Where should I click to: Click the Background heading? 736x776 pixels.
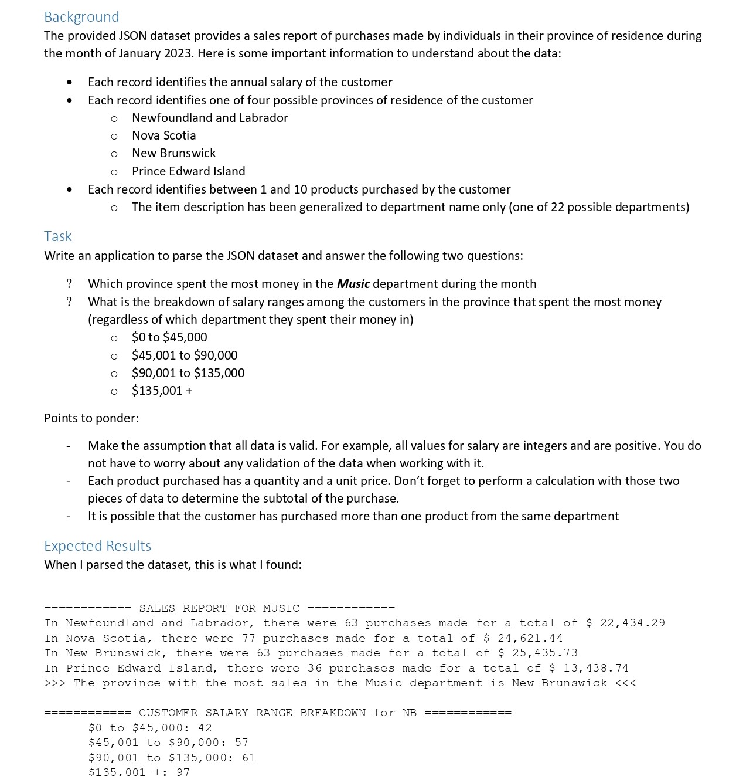81,17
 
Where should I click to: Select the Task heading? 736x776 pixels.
57,236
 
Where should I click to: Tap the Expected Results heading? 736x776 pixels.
97,546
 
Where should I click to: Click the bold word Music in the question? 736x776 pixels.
353,284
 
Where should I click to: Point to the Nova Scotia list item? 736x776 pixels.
163,135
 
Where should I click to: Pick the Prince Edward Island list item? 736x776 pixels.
188,171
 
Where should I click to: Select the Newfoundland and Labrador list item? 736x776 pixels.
210,118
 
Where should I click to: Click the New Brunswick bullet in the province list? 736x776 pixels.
173,153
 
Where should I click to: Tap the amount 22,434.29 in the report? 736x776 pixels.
632,623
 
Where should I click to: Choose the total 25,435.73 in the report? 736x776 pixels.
544,653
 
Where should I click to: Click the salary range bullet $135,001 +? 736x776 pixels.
162,391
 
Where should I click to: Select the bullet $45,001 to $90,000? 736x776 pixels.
185,355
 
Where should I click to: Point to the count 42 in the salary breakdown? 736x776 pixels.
205,728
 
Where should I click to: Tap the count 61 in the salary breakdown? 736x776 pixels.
248,758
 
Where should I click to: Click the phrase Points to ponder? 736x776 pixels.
91,418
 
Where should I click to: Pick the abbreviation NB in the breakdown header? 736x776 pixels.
409,713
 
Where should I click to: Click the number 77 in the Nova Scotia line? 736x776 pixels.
248,638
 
